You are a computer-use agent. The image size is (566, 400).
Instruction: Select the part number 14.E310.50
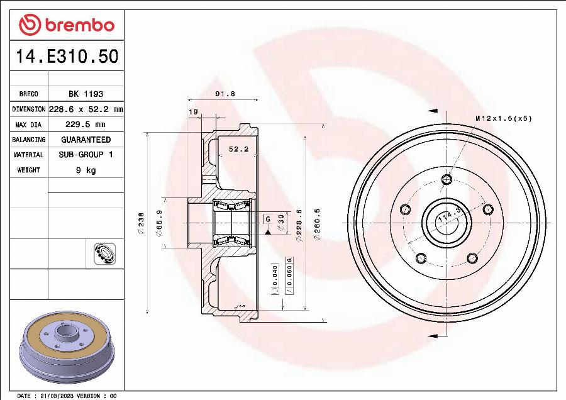click(67, 57)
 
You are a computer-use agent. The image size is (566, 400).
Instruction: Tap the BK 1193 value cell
click(86, 94)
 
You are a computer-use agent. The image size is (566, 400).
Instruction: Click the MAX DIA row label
click(29, 124)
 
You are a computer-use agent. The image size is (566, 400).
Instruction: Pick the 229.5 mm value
click(86, 124)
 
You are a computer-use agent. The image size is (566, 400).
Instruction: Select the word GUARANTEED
click(86, 140)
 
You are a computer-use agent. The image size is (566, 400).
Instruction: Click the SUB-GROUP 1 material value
click(86, 155)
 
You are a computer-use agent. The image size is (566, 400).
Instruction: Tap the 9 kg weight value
click(86, 170)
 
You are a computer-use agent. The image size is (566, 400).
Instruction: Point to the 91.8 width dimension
click(225, 94)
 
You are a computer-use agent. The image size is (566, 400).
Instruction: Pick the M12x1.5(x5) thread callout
click(503, 118)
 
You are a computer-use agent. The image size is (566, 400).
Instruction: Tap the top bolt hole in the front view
click(447, 180)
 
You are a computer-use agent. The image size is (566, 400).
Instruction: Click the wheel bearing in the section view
click(232, 223)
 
